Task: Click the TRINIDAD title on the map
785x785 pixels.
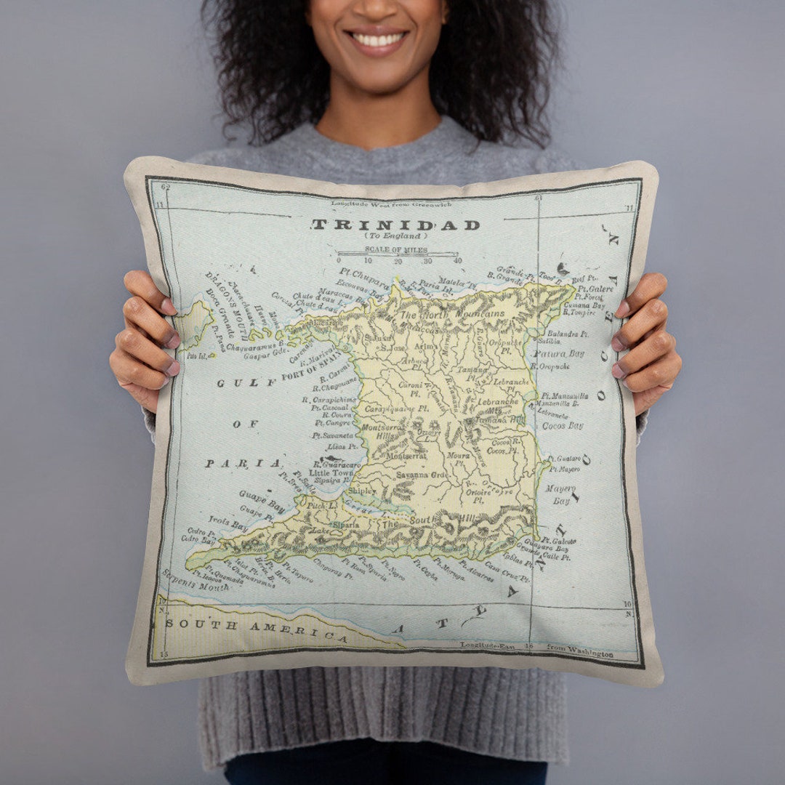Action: (396, 225)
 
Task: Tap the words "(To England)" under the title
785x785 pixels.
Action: (395, 236)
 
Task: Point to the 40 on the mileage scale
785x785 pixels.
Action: (457, 260)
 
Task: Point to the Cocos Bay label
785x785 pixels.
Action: (563, 425)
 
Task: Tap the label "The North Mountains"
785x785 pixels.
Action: (451, 315)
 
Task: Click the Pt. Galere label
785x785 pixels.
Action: (597, 289)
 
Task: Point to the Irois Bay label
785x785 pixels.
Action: (228, 523)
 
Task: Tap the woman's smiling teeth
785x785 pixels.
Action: (377, 39)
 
